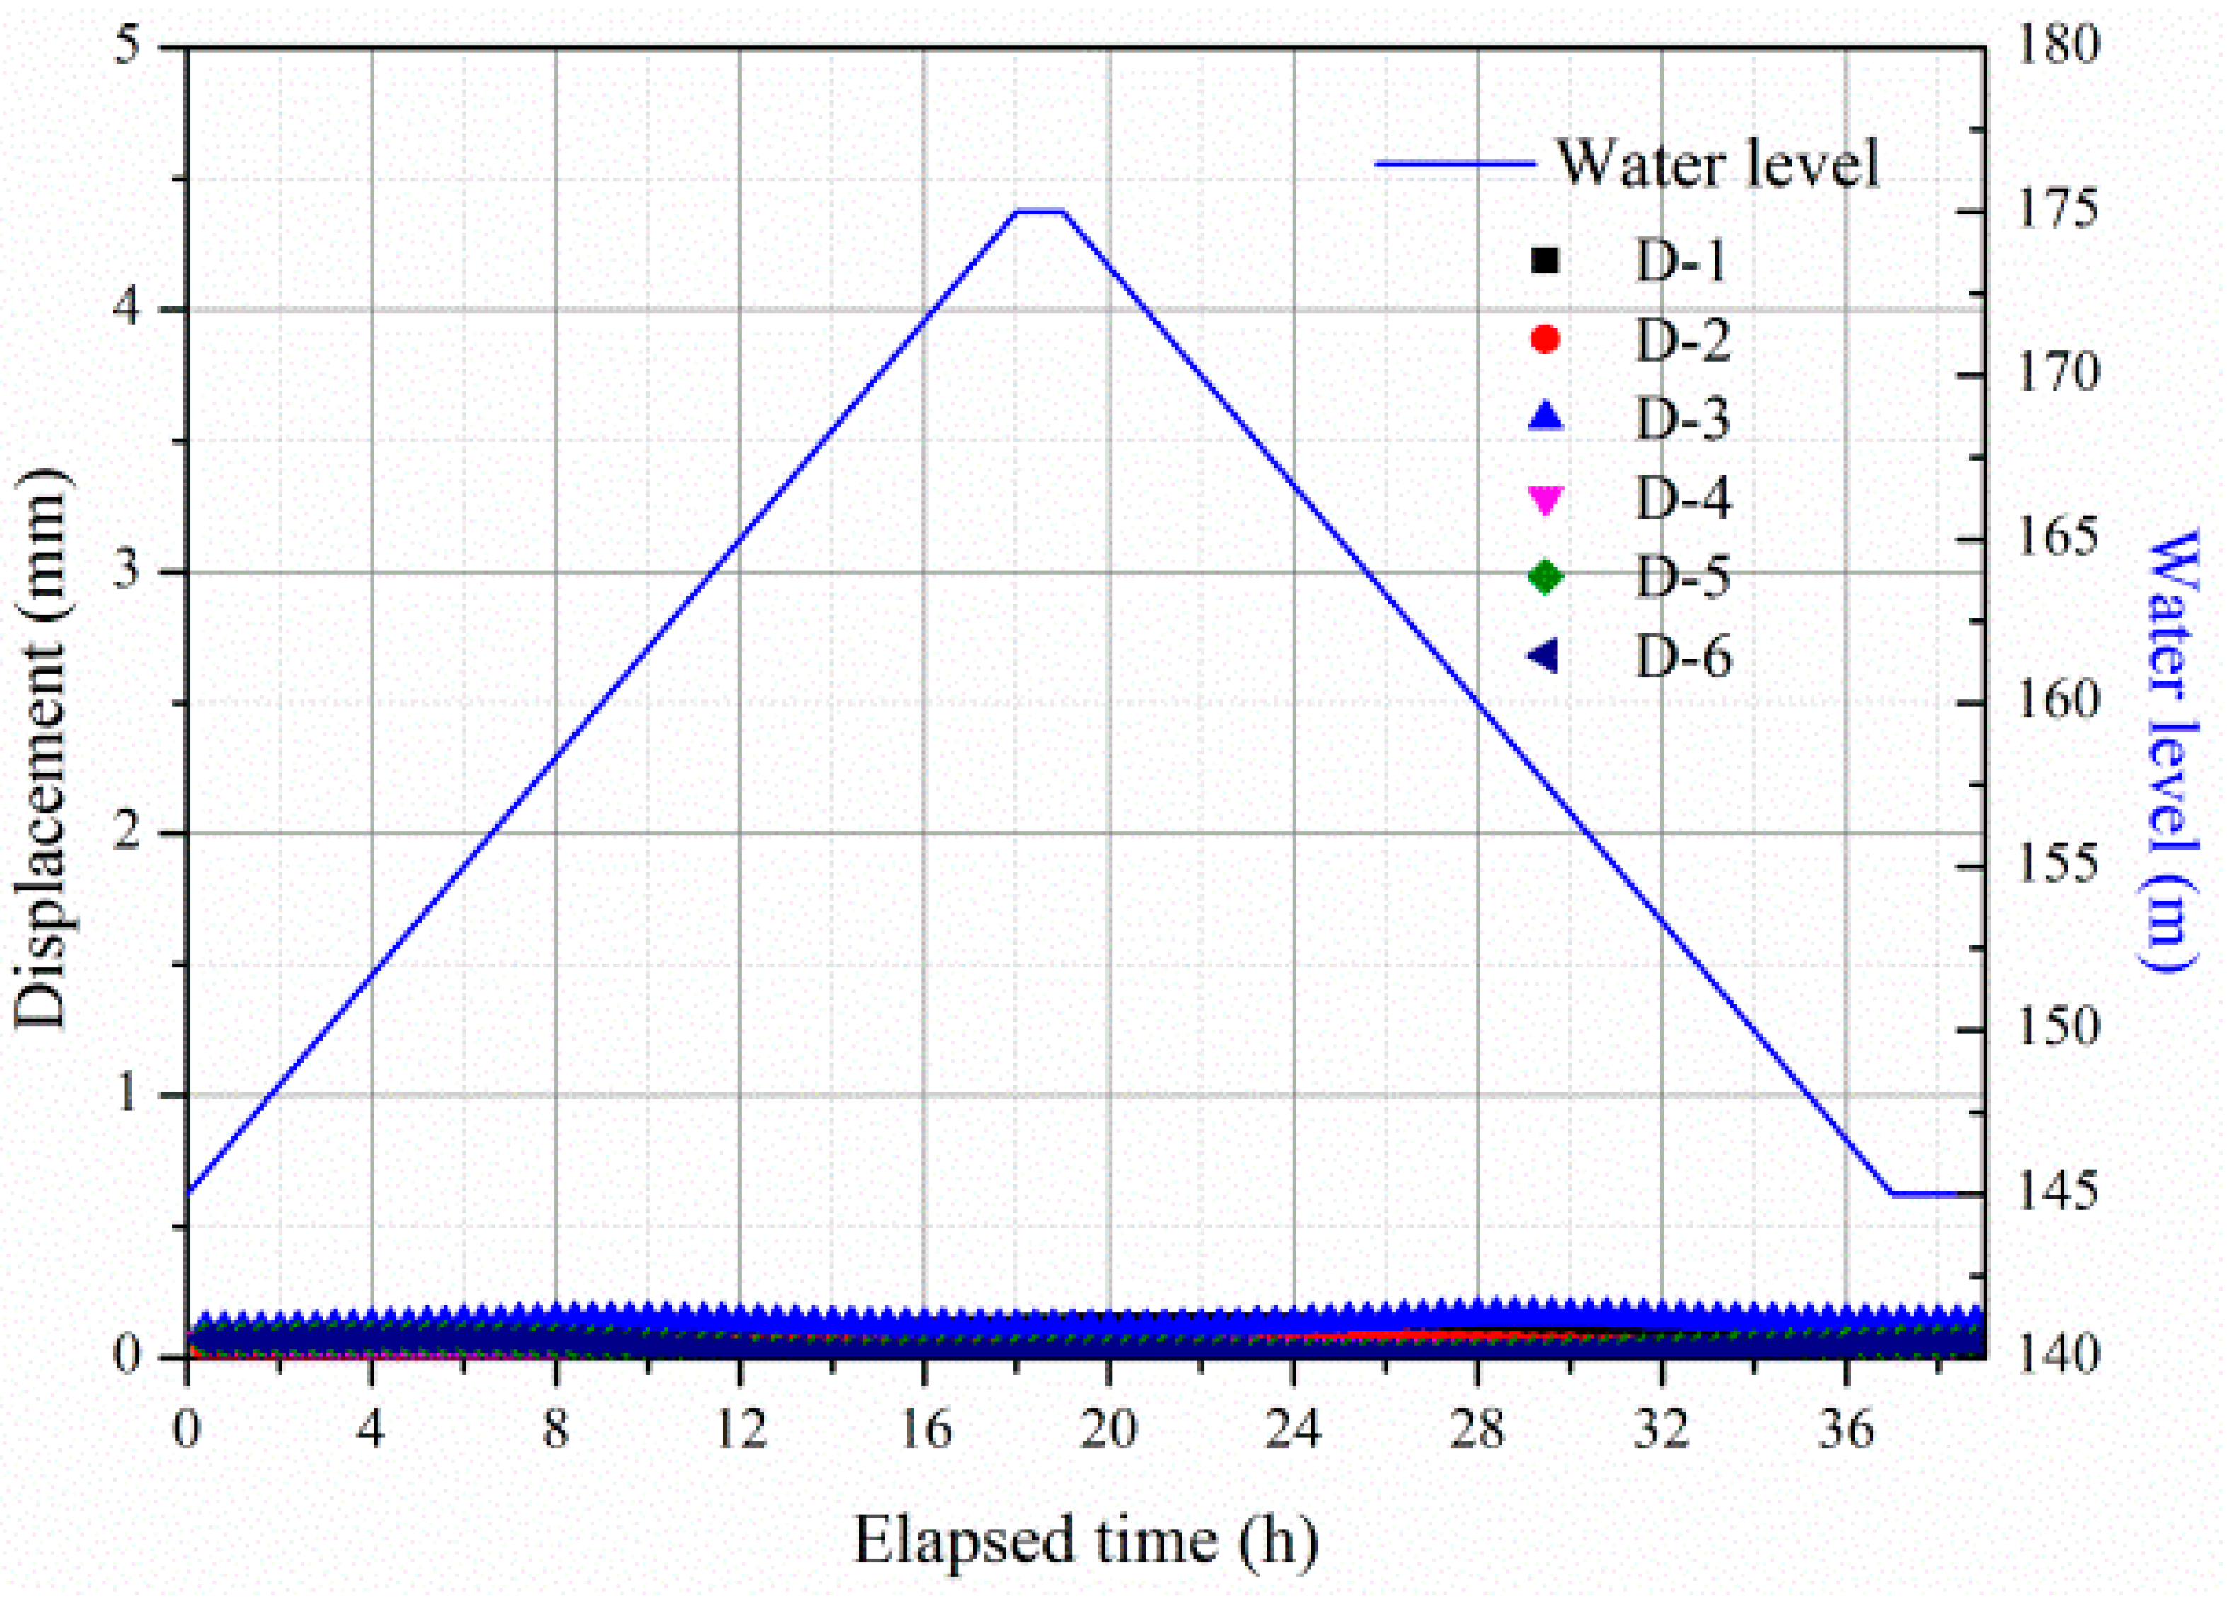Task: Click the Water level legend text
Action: [x=1718, y=163]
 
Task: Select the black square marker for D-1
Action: [x=1546, y=260]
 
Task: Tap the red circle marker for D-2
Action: [x=1546, y=340]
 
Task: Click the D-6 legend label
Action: [x=1683, y=657]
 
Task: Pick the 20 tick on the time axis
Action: [x=1109, y=1430]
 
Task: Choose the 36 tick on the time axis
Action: [x=1846, y=1430]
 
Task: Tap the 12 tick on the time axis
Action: [x=740, y=1430]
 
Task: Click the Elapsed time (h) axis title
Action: [x=1085, y=1539]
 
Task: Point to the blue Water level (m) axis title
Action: [x=2168, y=751]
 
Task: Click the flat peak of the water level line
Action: [x=1040, y=211]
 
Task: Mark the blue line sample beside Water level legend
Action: [x=1454, y=163]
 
